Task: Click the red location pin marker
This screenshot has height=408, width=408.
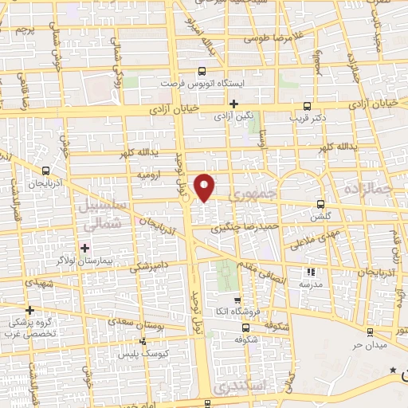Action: point(206,187)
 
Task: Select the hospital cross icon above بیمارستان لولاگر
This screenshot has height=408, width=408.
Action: point(85,249)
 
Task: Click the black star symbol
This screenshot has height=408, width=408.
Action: point(392,371)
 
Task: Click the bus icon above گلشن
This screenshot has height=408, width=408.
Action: point(320,204)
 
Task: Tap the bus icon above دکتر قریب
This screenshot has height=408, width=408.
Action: point(308,105)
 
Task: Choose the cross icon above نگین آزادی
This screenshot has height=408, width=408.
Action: point(233,104)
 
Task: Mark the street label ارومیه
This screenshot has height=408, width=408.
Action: point(151,174)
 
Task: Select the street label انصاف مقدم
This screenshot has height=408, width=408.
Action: point(261,273)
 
